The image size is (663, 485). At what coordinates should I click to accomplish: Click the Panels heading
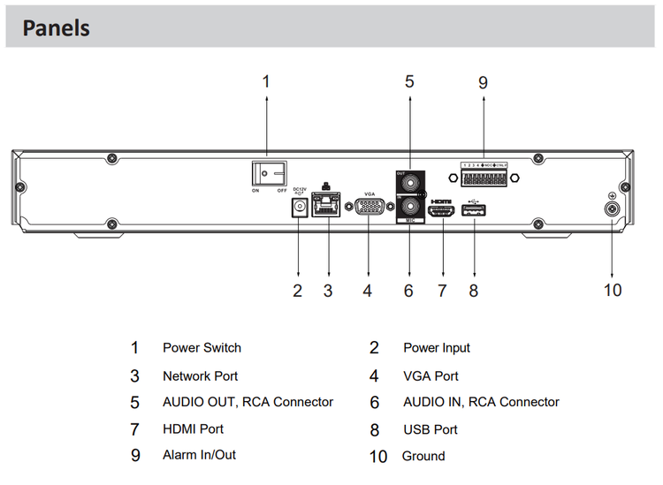point(57,27)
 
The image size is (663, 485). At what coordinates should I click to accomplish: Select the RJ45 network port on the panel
point(328,207)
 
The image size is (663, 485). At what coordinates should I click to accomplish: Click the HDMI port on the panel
point(441,212)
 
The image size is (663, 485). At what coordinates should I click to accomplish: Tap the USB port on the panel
point(474,211)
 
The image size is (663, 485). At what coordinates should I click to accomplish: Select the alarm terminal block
point(484,177)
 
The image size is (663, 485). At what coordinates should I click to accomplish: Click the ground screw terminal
point(612,209)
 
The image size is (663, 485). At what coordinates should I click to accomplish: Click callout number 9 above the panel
point(483,82)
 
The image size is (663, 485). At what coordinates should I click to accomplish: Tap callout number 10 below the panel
point(612,290)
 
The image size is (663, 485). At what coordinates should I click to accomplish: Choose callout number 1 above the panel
point(266,81)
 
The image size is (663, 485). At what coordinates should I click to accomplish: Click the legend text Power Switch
point(202,348)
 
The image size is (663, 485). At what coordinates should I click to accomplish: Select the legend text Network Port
point(200,375)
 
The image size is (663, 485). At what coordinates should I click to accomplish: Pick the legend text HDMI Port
point(193,429)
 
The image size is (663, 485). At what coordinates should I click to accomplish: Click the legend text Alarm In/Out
point(199,456)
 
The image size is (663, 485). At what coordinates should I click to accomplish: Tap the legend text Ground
point(423,457)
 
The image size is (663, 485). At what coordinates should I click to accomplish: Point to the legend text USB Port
point(431,429)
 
